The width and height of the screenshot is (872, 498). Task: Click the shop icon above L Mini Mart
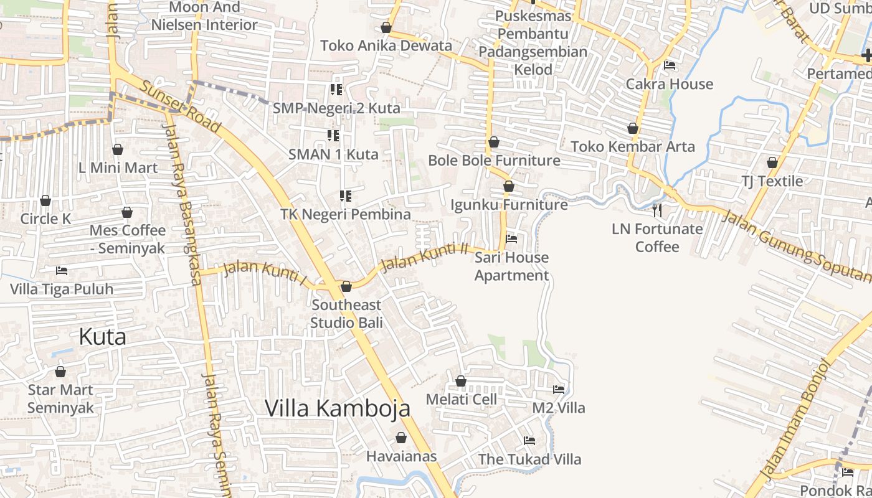tap(118, 149)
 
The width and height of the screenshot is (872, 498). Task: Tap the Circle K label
tap(45, 218)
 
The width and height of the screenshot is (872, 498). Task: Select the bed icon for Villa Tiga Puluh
tap(62, 271)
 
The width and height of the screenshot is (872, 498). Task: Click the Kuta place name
tap(102, 337)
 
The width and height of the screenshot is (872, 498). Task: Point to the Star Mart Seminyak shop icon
tap(60, 372)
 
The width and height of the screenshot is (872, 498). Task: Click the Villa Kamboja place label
tap(338, 408)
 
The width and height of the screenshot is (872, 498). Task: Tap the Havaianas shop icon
tap(401, 438)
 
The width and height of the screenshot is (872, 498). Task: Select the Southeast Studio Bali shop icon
tap(346, 286)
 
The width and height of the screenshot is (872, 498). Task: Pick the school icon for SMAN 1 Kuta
tap(333, 135)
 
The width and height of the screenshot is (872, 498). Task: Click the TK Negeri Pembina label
tap(346, 214)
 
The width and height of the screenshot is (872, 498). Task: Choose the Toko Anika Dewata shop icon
tap(386, 27)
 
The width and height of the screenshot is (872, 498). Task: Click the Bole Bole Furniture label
tap(494, 161)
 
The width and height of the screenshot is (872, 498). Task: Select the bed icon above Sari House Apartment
tap(511, 238)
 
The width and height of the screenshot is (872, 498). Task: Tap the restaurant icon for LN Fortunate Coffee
tap(657, 210)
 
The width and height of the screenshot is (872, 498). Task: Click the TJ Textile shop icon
tap(772, 163)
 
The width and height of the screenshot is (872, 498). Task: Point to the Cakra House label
tap(670, 84)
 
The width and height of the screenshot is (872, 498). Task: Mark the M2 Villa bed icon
tap(559, 390)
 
